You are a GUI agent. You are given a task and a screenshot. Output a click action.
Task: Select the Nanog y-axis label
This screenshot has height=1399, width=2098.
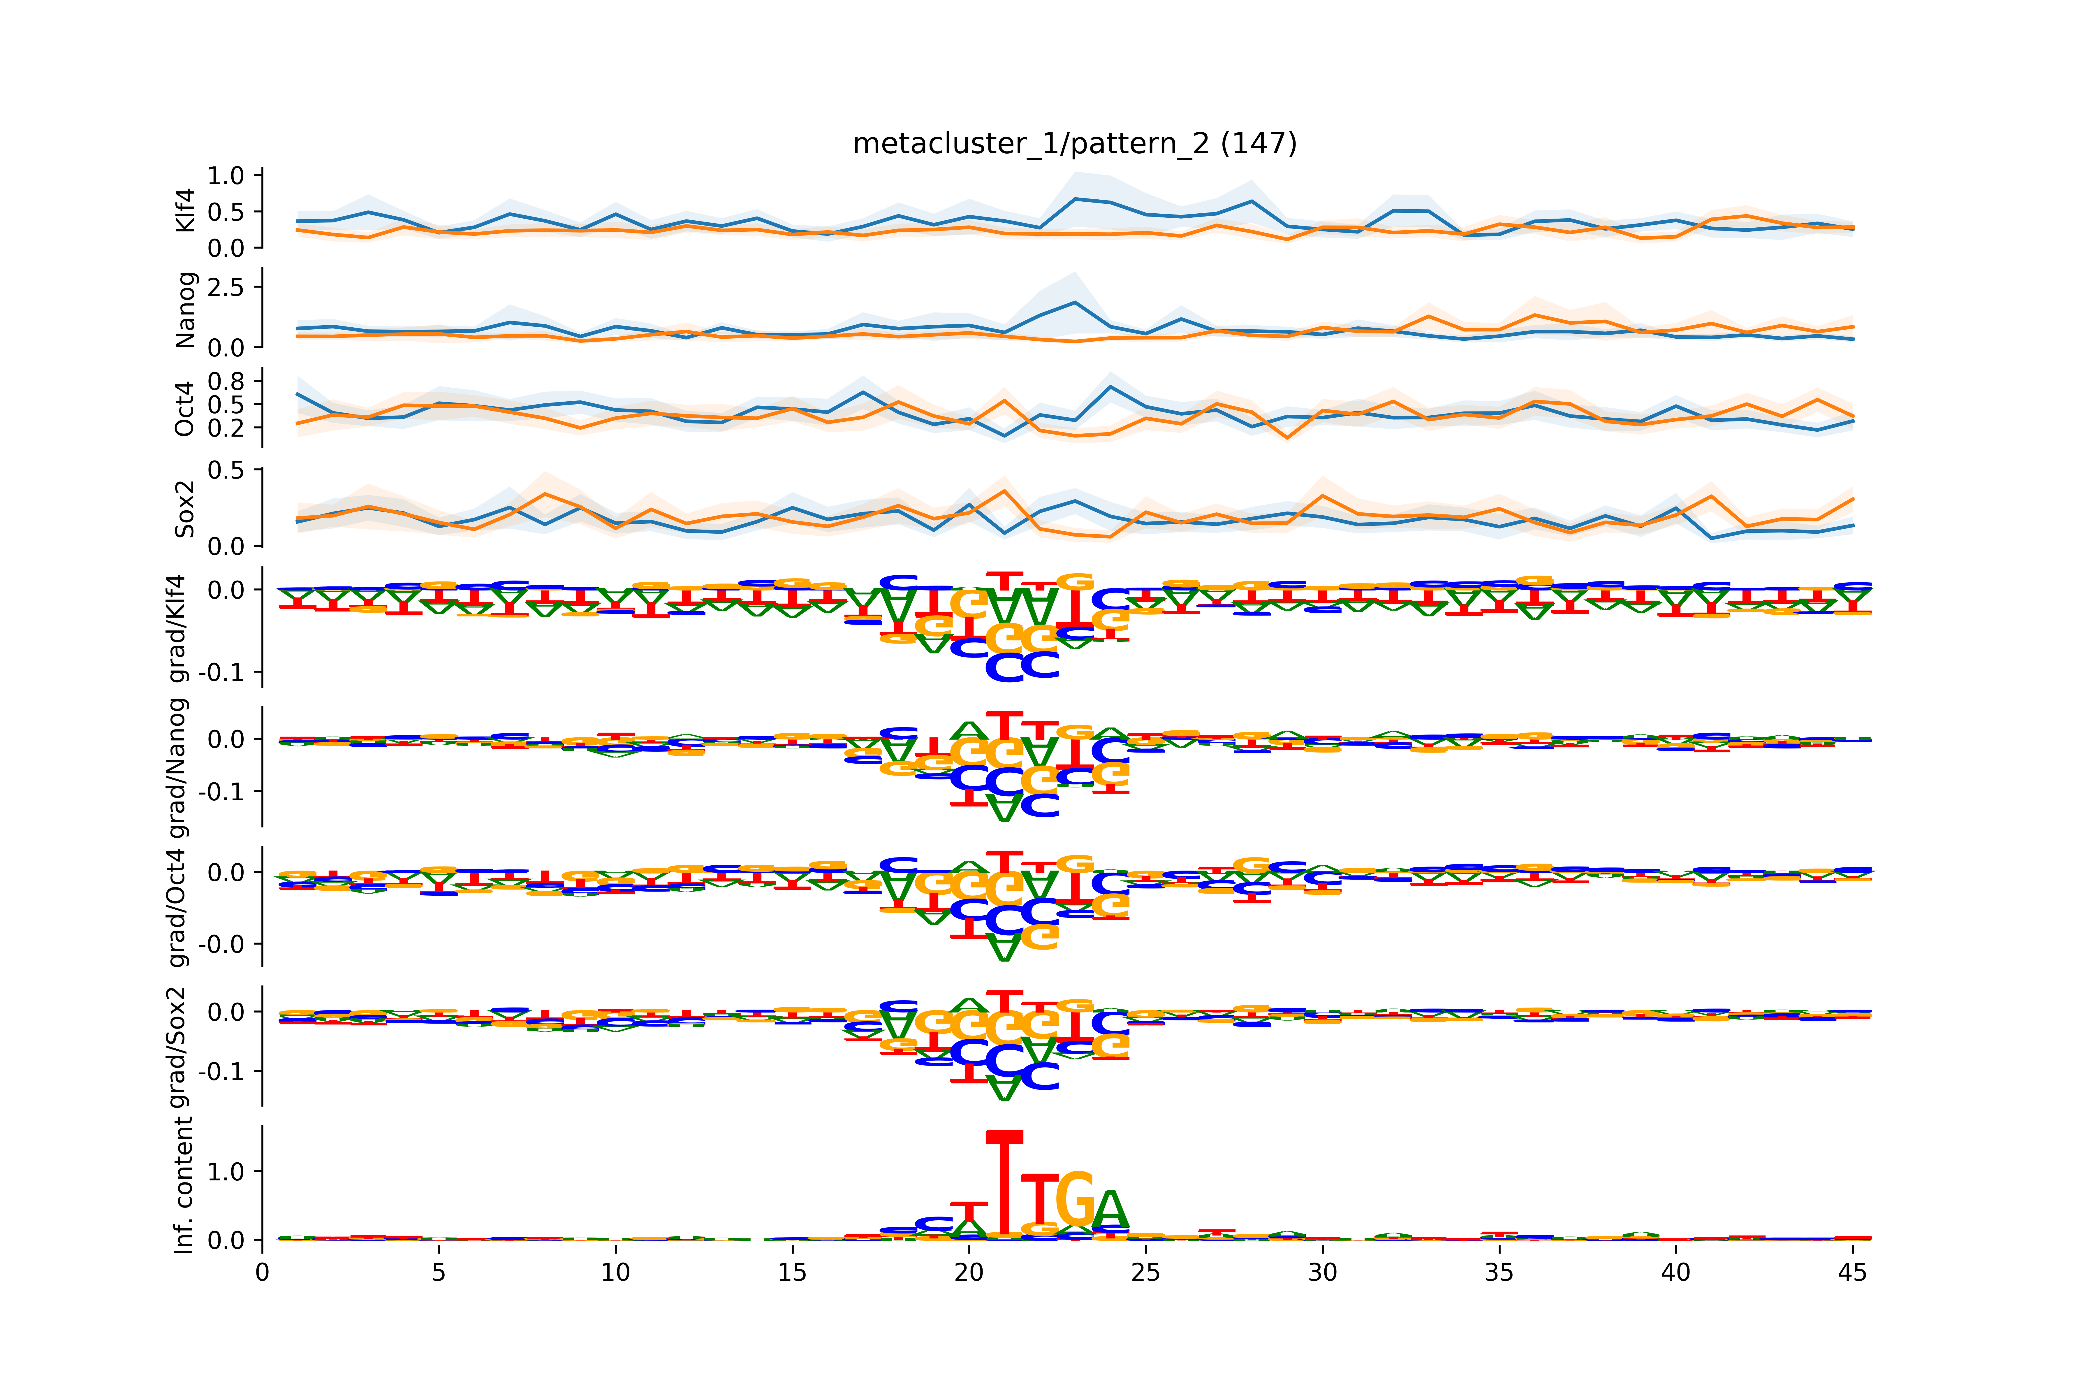[x=186, y=310]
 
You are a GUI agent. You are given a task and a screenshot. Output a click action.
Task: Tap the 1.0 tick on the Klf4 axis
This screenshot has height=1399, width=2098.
[x=225, y=176]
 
